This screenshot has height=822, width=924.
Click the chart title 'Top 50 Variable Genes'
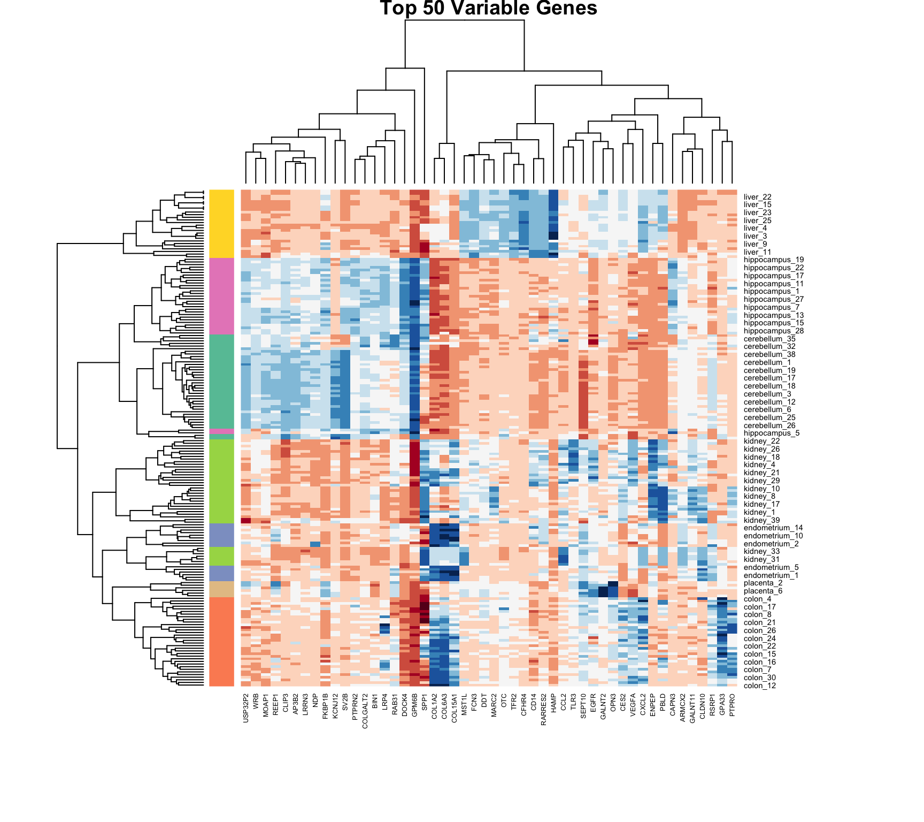click(x=488, y=8)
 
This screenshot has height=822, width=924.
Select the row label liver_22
click(x=757, y=197)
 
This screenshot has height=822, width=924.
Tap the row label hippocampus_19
click(x=773, y=260)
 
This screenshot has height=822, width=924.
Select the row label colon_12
click(x=760, y=686)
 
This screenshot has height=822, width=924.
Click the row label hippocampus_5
click(x=772, y=433)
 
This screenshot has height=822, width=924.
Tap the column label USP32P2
click(x=246, y=709)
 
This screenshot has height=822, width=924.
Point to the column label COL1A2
click(x=435, y=706)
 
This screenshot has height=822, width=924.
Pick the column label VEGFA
click(x=633, y=704)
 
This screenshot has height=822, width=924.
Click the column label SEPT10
click(x=583, y=706)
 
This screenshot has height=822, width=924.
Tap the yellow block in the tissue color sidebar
click(x=221, y=224)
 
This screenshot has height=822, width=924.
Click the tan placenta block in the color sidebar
click(x=221, y=589)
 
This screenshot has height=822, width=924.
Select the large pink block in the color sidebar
click(x=221, y=296)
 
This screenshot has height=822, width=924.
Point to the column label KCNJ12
click(x=335, y=706)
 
